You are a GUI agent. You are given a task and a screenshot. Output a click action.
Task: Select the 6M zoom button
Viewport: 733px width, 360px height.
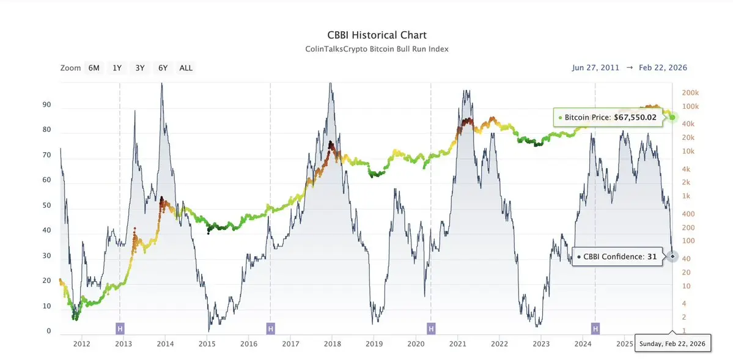tap(94, 68)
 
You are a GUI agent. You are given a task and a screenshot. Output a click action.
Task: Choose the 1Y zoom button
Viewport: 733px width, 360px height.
tap(117, 68)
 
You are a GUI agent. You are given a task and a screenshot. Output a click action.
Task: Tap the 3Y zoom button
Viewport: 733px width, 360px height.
tap(140, 68)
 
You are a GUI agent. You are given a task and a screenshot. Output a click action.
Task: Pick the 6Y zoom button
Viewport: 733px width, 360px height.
tap(163, 68)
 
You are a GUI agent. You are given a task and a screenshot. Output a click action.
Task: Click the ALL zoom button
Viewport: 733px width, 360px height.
tap(186, 68)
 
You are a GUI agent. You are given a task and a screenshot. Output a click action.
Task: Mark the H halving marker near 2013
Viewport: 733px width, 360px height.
tap(120, 329)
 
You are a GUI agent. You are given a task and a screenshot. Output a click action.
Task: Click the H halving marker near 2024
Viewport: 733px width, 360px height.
tap(595, 329)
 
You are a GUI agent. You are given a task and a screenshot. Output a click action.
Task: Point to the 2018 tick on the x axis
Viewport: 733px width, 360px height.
tap(333, 344)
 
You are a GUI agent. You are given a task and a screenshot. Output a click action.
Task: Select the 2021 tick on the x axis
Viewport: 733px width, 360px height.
tap(458, 344)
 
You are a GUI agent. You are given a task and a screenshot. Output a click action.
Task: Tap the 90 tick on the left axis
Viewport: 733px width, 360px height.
tap(46, 105)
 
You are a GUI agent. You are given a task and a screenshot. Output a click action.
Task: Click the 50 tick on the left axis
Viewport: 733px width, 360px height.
tap(46, 206)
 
